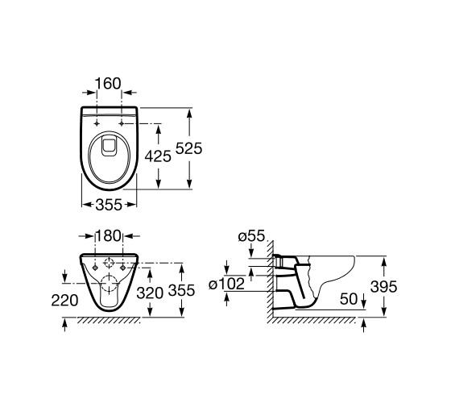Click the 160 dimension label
(108, 84)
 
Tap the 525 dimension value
(189, 148)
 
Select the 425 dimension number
(158, 156)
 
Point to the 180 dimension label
(108, 236)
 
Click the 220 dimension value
(64, 301)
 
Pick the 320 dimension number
(150, 293)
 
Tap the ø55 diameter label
(251, 236)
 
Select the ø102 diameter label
(226, 284)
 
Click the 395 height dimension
(383, 286)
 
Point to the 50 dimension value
(349, 299)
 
